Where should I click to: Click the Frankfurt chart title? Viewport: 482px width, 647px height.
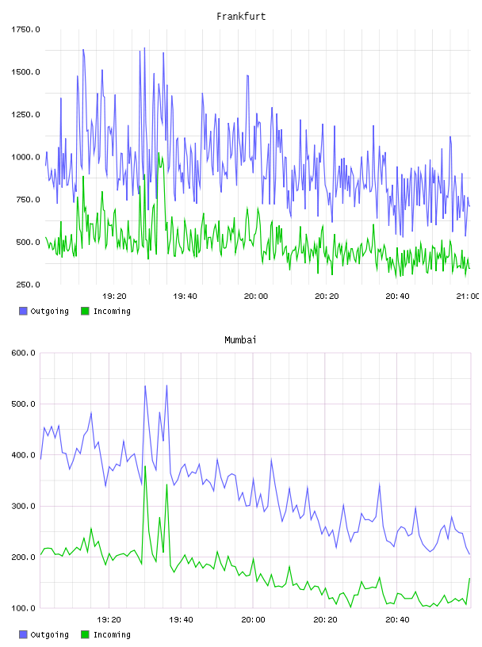241,17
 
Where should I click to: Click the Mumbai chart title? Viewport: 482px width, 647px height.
240,340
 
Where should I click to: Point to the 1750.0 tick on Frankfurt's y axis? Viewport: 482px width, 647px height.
25,29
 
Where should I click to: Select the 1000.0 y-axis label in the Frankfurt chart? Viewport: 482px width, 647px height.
25,157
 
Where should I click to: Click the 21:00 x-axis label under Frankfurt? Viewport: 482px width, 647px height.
468,296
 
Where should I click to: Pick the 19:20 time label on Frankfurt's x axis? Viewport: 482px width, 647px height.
114,296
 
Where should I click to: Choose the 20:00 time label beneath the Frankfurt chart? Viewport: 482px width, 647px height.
256,296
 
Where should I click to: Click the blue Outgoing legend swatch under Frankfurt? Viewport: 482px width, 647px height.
23,311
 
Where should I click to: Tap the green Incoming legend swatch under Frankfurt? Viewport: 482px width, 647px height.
85,311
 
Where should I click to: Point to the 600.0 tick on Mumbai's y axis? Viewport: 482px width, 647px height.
23,353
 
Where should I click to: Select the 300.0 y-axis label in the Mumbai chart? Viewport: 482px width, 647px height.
23,506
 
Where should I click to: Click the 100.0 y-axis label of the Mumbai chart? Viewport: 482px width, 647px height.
23,608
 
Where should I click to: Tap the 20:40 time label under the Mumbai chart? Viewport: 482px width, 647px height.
397,619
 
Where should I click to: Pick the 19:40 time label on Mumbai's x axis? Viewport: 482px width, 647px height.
181,619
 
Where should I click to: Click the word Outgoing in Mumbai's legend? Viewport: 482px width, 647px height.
49,634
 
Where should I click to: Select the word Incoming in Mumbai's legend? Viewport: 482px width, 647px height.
112,634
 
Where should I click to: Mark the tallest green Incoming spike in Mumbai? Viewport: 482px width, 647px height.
145,466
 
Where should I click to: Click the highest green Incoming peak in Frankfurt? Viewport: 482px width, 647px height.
159,153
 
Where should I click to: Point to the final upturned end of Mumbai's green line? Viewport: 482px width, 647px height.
469,579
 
